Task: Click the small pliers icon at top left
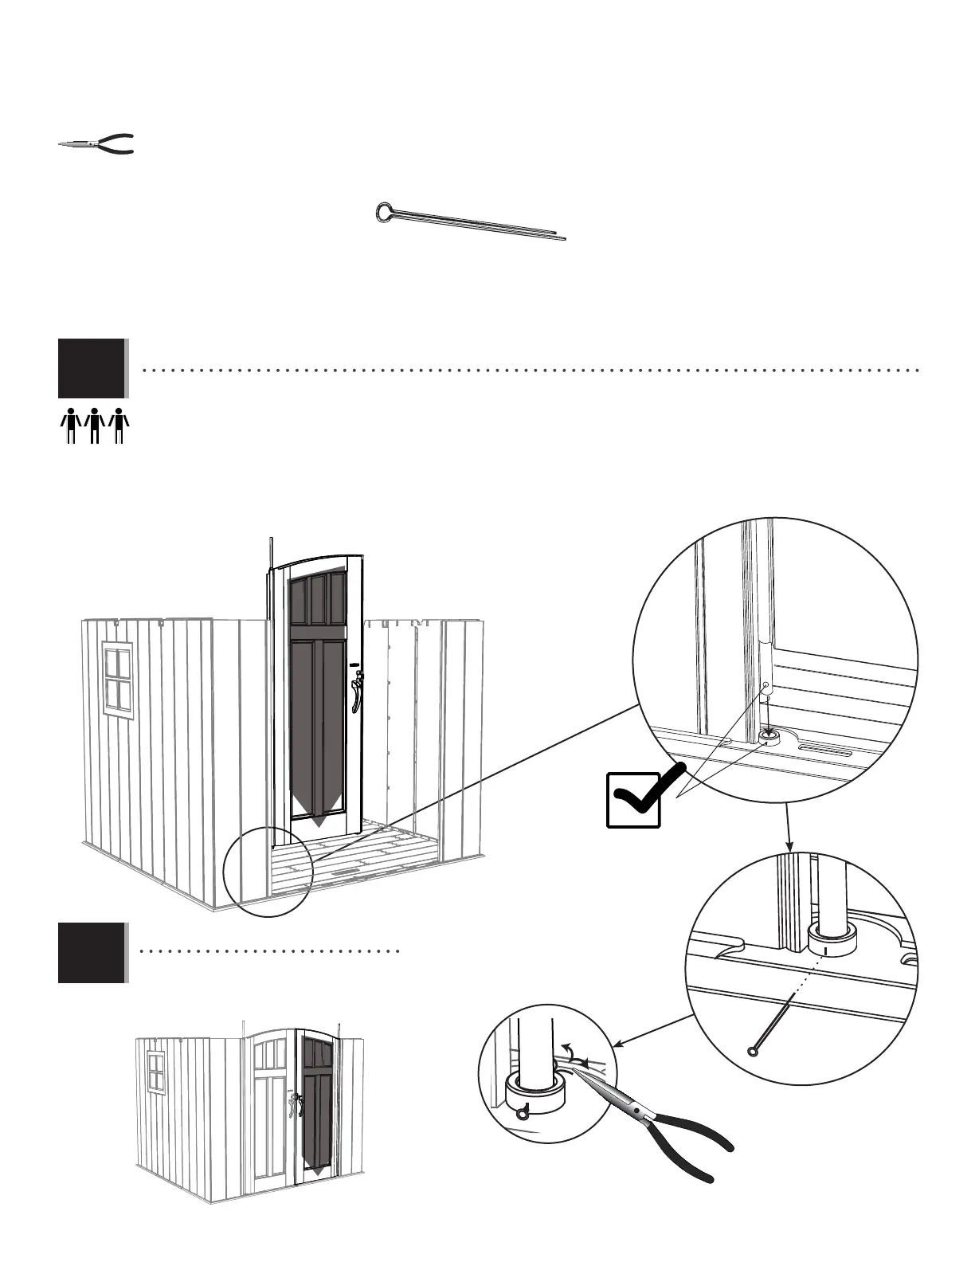coord(96,144)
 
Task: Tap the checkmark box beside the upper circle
coord(633,799)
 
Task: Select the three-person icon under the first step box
coord(94,425)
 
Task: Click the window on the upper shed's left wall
coord(118,679)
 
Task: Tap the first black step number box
coord(92,368)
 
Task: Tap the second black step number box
coord(92,952)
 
